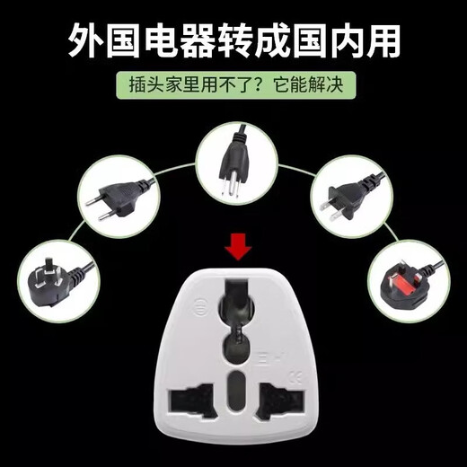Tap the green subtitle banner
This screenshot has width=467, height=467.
coord(234,86)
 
